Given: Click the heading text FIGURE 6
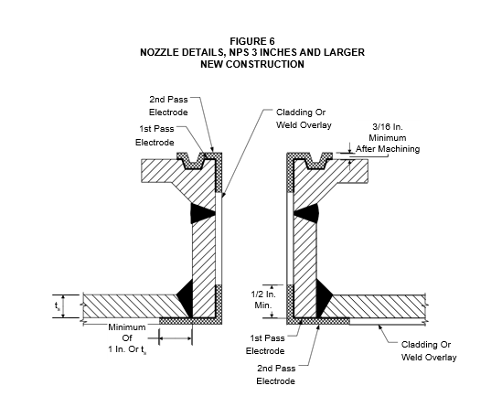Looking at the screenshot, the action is click(x=252, y=41).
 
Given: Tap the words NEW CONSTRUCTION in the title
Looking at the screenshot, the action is click(x=252, y=64).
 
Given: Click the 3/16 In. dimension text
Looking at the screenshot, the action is click(x=388, y=127).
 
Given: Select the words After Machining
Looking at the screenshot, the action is click(x=388, y=149).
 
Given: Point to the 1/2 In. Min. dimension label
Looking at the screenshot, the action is click(x=263, y=300).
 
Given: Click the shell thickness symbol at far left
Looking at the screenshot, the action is click(x=58, y=306).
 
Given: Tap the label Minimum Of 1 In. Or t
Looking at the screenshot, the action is click(x=127, y=338).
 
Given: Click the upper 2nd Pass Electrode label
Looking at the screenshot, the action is click(x=168, y=106).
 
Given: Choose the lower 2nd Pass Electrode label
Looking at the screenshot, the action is click(x=276, y=375).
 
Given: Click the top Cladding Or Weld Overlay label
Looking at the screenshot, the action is click(x=304, y=119).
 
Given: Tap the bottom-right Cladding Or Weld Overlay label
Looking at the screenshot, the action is click(x=429, y=351).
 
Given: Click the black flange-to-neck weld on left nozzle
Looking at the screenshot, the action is click(x=200, y=213).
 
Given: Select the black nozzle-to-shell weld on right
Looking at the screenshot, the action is click(x=323, y=298).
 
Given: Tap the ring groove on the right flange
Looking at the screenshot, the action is click(x=316, y=163).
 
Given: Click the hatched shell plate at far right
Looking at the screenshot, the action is click(x=378, y=306).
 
